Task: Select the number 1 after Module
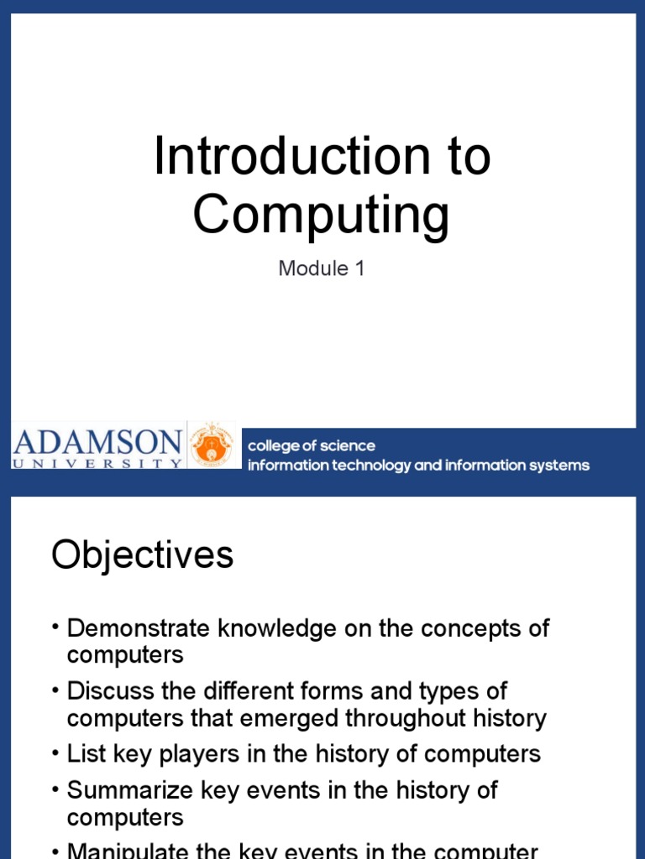(359, 268)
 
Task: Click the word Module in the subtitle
(313, 268)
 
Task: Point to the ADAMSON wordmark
(97, 442)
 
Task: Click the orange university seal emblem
(212, 445)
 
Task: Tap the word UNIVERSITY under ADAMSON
(97, 462)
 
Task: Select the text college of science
(312, 445)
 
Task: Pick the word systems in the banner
(559, 466)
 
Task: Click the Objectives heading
(143, 555)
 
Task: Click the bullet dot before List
(55, 754)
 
